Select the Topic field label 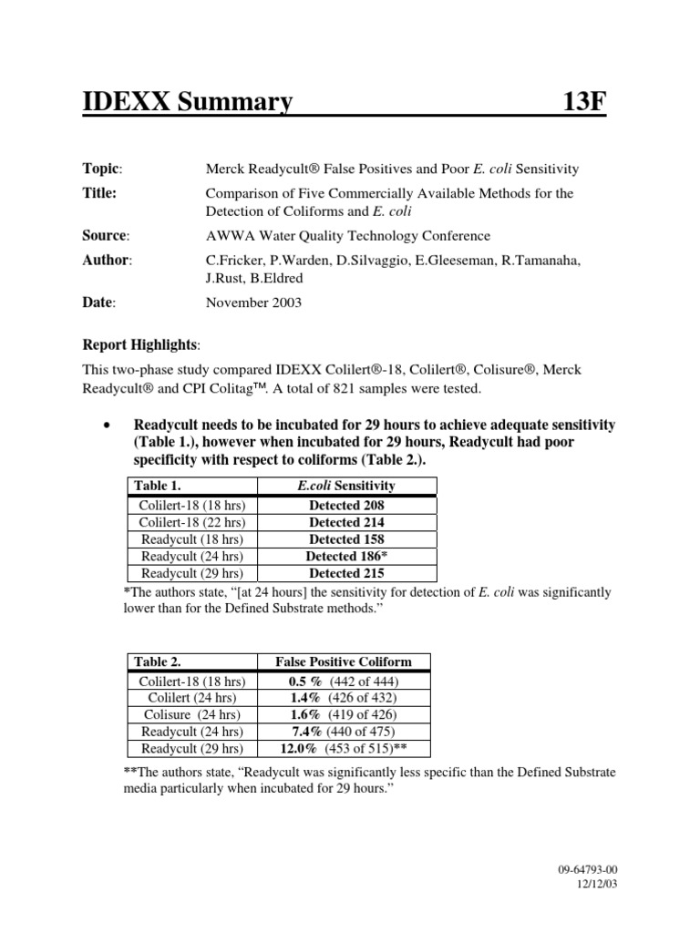click(102, 169)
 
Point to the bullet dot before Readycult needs click(108, 426)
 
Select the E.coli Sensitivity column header click(346, 487)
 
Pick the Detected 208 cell click(346, 505)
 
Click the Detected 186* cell click(346, 556)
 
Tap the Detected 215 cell click(346, 573)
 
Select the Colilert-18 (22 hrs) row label click(191, 522)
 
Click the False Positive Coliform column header click(344, 661)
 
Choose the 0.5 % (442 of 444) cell click(344, 681)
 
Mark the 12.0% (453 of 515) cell click(344, 748)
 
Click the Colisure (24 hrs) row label click(191, 714)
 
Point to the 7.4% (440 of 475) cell click(344, 732)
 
